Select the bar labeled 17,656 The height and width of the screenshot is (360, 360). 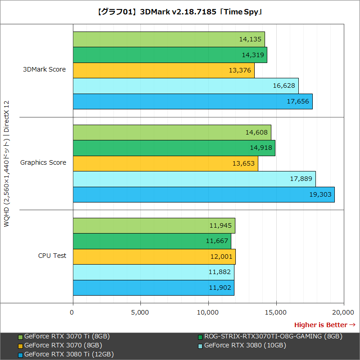pos(192,101)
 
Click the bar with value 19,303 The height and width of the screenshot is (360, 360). pos(203,194)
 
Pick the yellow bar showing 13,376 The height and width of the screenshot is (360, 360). pos(163,70)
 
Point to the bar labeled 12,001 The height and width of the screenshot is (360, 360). pos(154,256)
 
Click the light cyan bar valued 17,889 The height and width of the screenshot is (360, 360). pos(194,179)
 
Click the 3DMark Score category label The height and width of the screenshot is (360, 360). pos(45,69)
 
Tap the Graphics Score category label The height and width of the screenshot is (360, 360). pos(43,162)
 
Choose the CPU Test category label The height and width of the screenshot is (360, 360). pos(52,256)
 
